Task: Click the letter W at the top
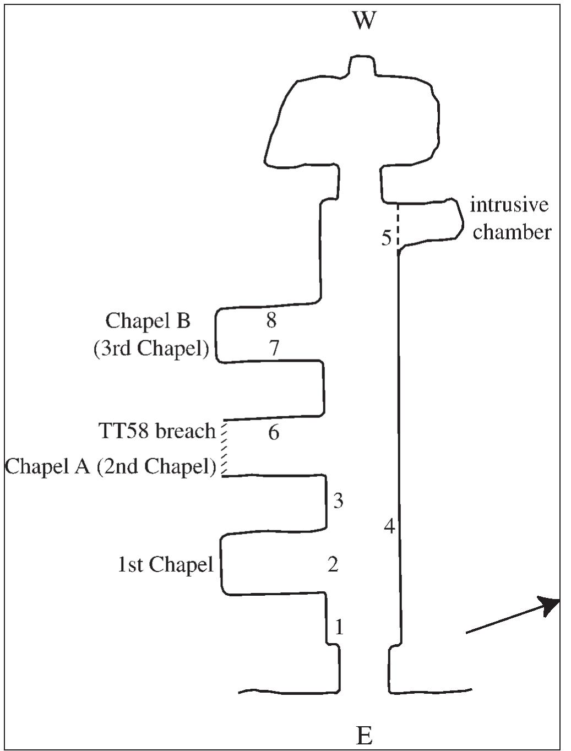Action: click(x=365, y=21)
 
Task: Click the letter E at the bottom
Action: click(x=364, y=735)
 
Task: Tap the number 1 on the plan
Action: click(x=339, y=627)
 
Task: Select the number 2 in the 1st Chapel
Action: click(x=333, y=564)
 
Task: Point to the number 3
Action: click(x=338, y=500)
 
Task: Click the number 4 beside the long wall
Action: click(x=389, y=526)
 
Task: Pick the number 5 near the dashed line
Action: click(x=387, y=238)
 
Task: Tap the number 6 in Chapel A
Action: click(x=274, y=432)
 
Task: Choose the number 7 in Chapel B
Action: click(x=274, y=348)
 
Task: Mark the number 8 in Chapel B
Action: click(x=271, y=320)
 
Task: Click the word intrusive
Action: click(x=509, y=205)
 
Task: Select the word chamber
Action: click(x=512, y=232)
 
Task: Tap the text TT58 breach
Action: click(x=157, y=431)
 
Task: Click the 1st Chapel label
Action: click(x=165, y=564)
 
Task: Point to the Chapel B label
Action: click(x=148, y=320)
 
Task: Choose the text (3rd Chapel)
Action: click(x=151, y=349)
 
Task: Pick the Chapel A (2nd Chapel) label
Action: click(x=110, y=466)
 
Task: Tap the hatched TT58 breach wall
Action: click(x=224, y=448)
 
